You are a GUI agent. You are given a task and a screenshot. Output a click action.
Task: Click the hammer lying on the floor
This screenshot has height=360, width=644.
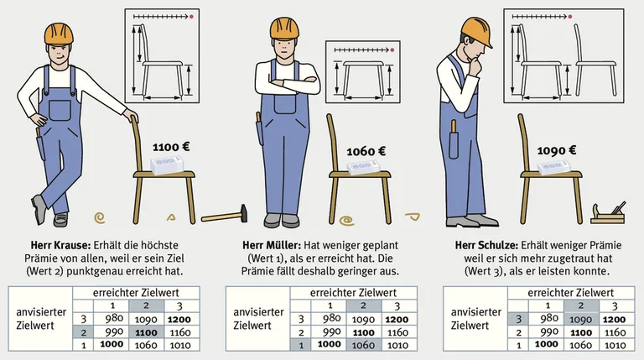click(225, 215)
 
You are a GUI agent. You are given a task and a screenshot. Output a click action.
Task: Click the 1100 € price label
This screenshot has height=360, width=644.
click(171, 147)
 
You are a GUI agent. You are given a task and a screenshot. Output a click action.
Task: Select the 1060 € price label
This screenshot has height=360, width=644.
click(366, 152)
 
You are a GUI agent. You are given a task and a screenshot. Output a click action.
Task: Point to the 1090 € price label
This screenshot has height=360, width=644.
click(557, 151)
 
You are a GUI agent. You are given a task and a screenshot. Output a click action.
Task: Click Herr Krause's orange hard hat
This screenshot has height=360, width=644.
click(59, 34)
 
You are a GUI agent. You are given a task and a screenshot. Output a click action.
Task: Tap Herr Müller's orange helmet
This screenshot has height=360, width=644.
click(284, 29)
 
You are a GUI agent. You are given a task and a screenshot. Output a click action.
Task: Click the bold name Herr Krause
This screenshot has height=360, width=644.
click(60, 246)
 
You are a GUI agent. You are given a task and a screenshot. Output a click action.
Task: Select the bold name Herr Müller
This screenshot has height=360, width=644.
click(271, 246)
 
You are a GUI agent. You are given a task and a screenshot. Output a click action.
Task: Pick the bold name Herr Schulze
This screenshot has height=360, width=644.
click(486, 246)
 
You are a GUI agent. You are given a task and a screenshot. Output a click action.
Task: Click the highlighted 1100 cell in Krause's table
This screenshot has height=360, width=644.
click(146, 332)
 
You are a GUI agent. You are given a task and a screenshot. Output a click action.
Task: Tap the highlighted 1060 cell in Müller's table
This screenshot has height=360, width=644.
click(363, 345)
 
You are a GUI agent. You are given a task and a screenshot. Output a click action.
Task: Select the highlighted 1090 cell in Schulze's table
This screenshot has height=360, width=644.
click(581, 320)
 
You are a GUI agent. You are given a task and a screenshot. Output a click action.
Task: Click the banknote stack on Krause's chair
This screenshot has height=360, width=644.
click(166, 165)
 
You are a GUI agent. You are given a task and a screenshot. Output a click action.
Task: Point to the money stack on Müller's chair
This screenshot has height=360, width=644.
click(363, 166)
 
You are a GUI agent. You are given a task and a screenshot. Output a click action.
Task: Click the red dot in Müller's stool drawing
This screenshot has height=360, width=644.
click(392, 50)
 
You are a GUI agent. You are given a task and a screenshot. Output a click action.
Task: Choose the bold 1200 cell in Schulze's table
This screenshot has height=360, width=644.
click(615, 320)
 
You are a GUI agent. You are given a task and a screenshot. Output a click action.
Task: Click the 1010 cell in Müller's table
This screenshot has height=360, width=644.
click(397, 345)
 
